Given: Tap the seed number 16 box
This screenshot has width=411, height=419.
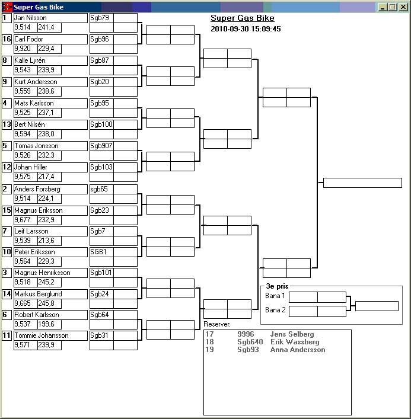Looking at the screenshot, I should coord(7,39).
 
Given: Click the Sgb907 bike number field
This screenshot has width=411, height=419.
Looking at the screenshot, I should coord(101,146).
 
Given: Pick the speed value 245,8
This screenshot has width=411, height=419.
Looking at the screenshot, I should coord(46,303).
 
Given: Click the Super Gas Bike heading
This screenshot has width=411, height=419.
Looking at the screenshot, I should coord(243,18).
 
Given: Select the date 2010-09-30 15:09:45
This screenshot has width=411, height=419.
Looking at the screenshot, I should coord(246,28).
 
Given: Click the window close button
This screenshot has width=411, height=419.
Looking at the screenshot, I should coord(403,7).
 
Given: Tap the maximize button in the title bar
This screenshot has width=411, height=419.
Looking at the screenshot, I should coord(393,7).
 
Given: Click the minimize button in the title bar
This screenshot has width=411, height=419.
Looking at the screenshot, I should coord(384,7).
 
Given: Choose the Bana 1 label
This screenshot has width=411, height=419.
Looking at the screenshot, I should coord(275,296).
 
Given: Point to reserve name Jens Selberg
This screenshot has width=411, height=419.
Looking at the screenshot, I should coord(292,334).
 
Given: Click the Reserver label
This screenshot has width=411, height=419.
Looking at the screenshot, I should coord(217,324).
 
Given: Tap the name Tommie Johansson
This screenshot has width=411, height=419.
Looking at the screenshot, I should coord(41,335).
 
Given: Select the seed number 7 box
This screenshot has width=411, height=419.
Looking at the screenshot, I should coord(7,231).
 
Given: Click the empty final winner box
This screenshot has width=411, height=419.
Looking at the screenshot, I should coord(362,183).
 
